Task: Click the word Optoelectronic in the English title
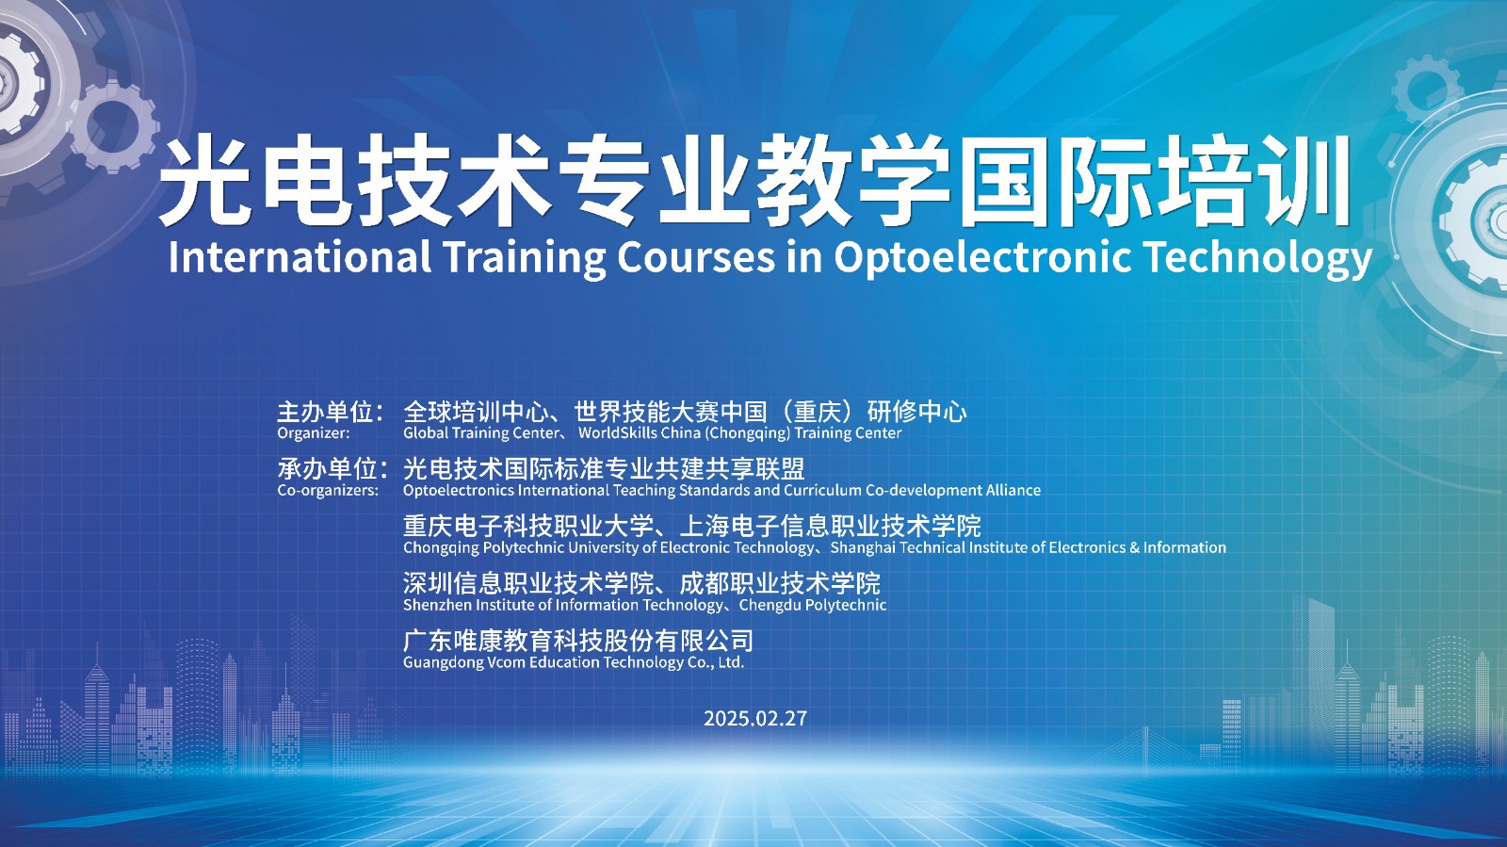click(981, 257)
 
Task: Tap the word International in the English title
click(300, 256)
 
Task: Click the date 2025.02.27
click(754, 719)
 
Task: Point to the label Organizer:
click(314, 433)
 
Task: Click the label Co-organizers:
click(329, 490)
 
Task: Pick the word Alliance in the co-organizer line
click(1013, 490)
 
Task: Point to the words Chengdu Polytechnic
click(813, 606)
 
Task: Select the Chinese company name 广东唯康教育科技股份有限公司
click(578, 641)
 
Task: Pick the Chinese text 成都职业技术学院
click(780, 583)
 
